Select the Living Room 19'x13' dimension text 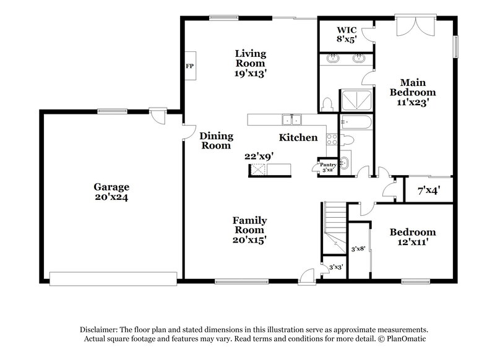click(250, 72)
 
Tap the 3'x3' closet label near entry click(335, 267)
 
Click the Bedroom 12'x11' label click(412, 238)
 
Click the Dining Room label click(217, 141)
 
